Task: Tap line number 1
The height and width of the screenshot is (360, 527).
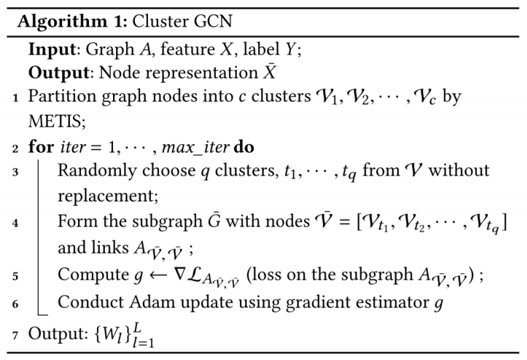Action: pos(16,97)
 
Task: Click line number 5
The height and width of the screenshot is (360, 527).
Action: pos(16,277)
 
